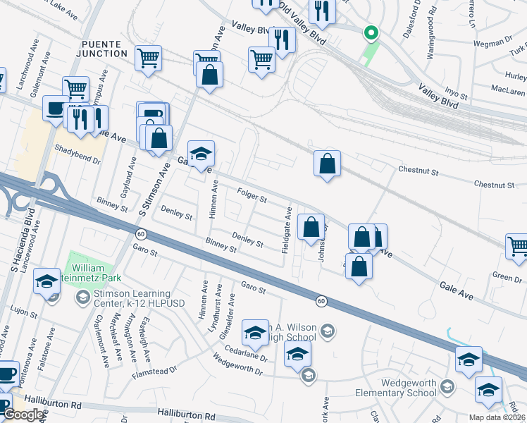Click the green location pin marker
coord(370,33)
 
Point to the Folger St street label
coord(252,195)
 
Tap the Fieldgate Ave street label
coord(287,231)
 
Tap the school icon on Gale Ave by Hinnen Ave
coord(201,154)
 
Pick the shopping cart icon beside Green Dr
coord(518,247)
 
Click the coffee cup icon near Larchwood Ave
coord(56,108)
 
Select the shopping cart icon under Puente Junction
coord(148,59)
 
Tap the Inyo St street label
coord(456,92)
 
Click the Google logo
coord(23,415)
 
